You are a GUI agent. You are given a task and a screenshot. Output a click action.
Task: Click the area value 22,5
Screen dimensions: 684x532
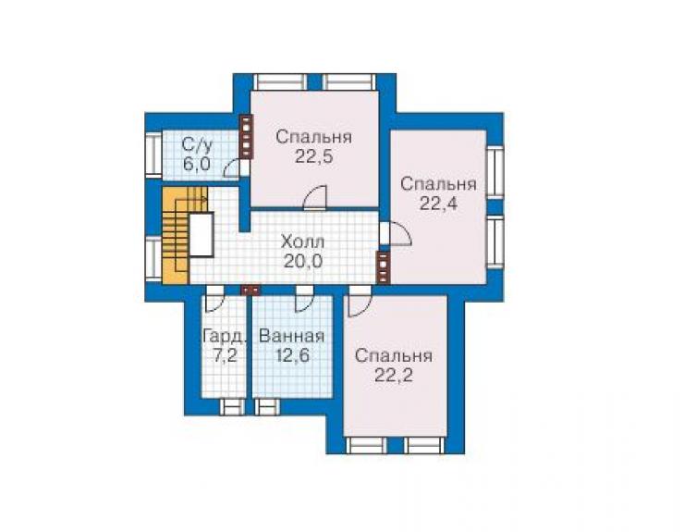pyautogui.click(x=313, y=156)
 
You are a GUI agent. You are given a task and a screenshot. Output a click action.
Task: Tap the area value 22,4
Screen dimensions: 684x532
pyautogui.click(x=438, y=204)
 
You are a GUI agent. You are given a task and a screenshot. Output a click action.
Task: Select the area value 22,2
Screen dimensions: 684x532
pyautogui.click(x=394, y=376)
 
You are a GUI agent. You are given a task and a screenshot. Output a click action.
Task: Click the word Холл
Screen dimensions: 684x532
pyautogui.click(x=303, y=241)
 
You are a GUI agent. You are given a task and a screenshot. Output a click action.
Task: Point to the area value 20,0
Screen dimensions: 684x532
pyautogui.click(x=303, y=261)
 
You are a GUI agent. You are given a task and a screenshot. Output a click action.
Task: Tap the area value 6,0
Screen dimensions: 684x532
pyautogui.click(x=197, y=165)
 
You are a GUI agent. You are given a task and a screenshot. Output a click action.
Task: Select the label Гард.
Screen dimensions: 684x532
pyautogui.click(x=225, y=337)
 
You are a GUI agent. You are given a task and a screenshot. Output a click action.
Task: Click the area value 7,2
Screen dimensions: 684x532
pyautogui.click(x=226, y=356)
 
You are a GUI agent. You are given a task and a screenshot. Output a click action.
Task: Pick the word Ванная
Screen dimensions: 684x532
pyautogui.click(x=292, y=337)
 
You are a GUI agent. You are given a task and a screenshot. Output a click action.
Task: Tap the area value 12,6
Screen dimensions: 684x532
pyautogui.click(x=292, y=356)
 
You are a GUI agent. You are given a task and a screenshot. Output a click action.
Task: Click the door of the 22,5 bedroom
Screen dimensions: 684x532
pyautogui.click(x=315, y=198)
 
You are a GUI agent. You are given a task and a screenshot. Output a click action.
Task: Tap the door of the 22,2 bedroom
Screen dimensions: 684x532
pyautogui.click(x=360, y=301)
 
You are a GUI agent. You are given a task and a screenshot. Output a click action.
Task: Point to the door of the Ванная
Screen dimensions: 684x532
pyautogui.click(x=304, y=300)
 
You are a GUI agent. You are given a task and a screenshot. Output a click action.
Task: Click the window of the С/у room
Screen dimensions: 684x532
pyautogui.click(x=153, y=155)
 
